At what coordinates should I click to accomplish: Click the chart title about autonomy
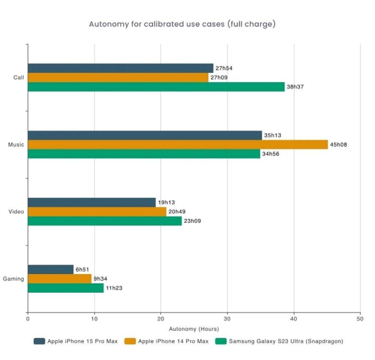click(x=183, y=24)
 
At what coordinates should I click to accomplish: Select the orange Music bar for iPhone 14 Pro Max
click(x=177, y=145)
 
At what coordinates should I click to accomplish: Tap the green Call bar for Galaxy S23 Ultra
click(x=156, y=87)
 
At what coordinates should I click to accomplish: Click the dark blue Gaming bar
click(x=50, y=269)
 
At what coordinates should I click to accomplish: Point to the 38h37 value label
click(x=295, y=87)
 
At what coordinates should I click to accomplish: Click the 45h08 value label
click(x=338, y=145)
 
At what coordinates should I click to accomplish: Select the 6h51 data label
click(x=83, y=269)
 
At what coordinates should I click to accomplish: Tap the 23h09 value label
click(x=192, y=221)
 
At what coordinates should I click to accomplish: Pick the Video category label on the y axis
click(x=16, y=212)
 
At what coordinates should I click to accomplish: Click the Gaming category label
click(x=13, y=279)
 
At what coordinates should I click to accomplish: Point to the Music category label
click(x=16, y=145)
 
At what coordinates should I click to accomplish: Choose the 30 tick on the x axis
click(x=227, y=318)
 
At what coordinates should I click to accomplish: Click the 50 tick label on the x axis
click(x=359, y=318)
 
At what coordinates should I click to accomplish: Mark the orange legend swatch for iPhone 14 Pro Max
click(x=129, y=341)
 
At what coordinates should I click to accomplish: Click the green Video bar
click(x=105, y=221)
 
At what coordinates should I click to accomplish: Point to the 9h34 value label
click(x=101, y=279)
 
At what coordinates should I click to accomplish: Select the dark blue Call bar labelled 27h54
click(x=120, y=68)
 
